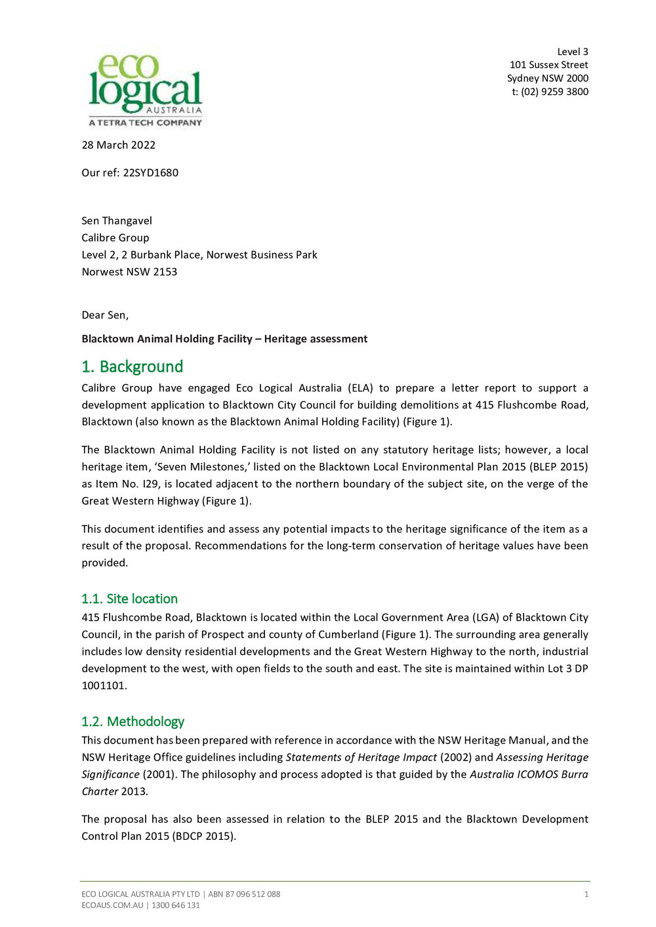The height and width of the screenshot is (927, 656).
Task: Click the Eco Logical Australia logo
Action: pos(145,90)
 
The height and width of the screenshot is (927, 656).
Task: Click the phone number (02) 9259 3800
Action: pos(554,92)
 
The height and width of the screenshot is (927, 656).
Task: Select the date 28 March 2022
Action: pos(118,145)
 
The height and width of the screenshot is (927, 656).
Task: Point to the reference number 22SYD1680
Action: pos(150,172)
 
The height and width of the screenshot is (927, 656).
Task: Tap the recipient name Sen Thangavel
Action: pos(117,221)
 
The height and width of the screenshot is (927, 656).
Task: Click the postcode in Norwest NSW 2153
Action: pos(165,272)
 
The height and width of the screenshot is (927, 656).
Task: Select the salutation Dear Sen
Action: pos(105,315)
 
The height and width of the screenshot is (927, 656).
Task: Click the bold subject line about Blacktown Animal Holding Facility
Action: pos(224,339)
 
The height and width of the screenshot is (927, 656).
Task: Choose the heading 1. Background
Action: pos(132,366)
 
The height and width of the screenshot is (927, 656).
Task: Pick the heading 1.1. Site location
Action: pos(129,599)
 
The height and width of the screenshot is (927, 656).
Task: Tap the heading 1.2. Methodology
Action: pos(133,721)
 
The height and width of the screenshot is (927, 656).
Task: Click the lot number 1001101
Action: pos(104,686)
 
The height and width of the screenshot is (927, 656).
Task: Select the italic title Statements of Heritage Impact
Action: pos(361,757)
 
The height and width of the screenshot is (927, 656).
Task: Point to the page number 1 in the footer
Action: pos(586,894)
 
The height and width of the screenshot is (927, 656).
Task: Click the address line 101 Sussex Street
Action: pos(548,65)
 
